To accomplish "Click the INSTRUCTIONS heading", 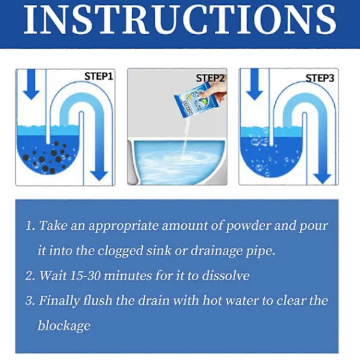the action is click(x=180, y=20).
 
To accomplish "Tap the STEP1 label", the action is click(x=99, y=76).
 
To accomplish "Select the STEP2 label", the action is click(x=210, y=78).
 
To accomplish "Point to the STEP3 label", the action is click(x=320, y=78).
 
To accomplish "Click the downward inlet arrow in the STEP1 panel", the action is click(x=31, y=84).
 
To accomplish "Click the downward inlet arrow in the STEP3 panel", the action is click(x=254, y=84).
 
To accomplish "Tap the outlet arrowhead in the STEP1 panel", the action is click(x=99, y=176).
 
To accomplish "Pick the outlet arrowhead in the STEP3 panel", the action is click(x=322, y=179).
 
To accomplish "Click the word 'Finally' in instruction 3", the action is click(x=59, y=301).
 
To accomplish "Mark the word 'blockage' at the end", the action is click(x=64, y=326).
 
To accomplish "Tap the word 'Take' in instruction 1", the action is click(x=53, y=225).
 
